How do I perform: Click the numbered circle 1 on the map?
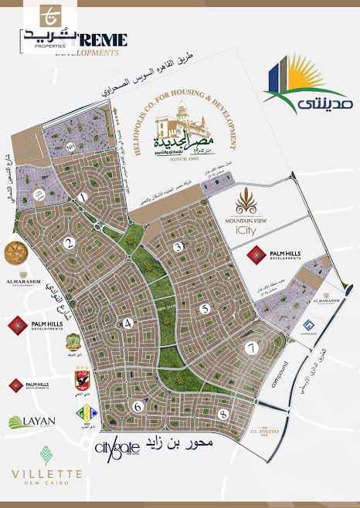[82, 198]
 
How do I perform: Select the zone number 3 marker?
[178, 247]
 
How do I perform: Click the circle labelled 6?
[137, 406]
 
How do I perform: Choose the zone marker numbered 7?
[250, 347]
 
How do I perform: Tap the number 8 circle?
[222, 415]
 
